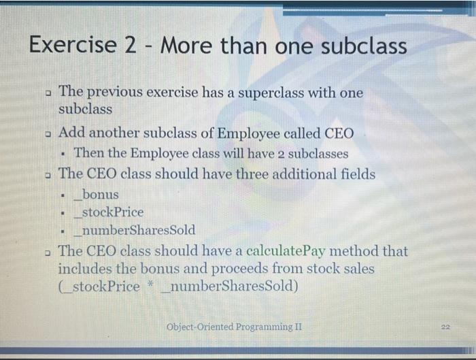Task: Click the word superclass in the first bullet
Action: tap(267, 93)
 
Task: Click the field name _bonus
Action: tap(98, 195)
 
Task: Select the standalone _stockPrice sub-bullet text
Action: tap(112, 212)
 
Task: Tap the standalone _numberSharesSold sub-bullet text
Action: tap(137, 229)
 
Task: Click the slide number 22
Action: tap(446, 327)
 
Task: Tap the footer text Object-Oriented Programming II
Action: tap(234, 327)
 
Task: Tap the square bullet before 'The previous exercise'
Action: tap(47, 93)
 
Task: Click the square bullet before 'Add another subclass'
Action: tap(47, 133)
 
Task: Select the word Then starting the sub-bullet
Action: tap(90, 153)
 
